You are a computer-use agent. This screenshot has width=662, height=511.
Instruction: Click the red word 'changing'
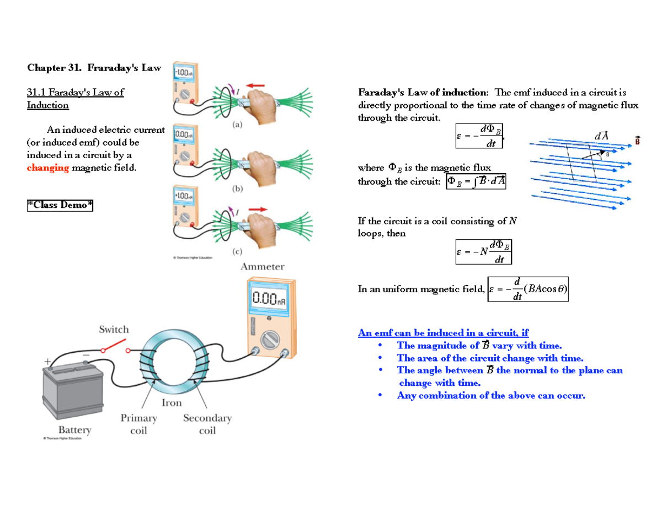point(48,168)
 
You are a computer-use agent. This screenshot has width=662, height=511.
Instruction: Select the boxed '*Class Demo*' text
point(60,205)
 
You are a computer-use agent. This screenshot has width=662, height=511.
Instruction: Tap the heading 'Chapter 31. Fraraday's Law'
point(94,68)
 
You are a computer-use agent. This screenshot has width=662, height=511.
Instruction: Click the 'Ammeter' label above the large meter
point(263,267)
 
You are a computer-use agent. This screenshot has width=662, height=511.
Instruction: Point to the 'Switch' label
point(114,330)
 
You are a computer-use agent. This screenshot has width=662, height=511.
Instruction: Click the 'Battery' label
point(75,429)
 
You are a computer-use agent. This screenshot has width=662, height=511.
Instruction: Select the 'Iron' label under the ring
point(172,403)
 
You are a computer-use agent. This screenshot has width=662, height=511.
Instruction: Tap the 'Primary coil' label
point(138,424)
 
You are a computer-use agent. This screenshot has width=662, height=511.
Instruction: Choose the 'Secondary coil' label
point(207,424)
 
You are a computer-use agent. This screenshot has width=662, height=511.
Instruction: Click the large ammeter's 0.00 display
point(270,299)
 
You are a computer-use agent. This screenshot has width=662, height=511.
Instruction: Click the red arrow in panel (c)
point(255,209)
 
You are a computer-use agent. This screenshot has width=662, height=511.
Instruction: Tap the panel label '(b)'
point(237,189)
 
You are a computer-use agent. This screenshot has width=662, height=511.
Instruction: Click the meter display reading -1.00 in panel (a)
point(183,72)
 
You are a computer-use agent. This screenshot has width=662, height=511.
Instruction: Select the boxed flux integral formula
point(476,181)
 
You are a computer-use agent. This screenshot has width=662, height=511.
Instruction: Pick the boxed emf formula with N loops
point(484,251)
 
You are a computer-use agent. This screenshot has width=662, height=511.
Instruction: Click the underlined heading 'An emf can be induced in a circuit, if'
point(443,332)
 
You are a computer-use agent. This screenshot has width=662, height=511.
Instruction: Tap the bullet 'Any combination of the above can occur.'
point(490,395)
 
